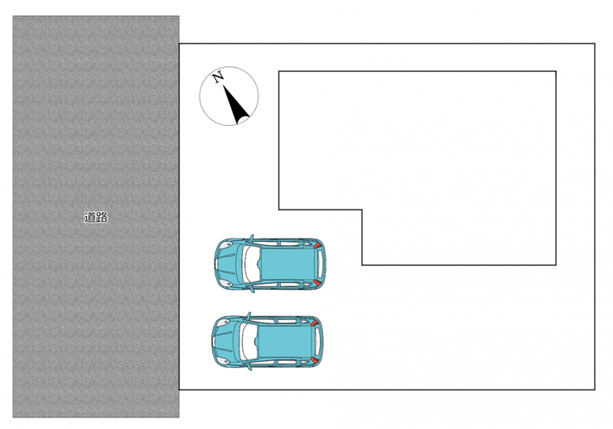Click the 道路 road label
(96, 217)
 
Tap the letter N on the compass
(218, 76)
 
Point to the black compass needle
(236, 104)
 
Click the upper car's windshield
(250, 263)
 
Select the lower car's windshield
(248, 341)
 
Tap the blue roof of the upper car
(287, 263)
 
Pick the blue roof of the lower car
(285, 341)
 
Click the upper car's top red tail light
(318, 245)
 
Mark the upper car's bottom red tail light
(317, 282)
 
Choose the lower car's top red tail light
(315, 323)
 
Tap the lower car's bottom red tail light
(315, 359)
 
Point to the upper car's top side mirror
(251, 238)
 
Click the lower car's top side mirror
(249, 316)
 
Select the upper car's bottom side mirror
(251, 290)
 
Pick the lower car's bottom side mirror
(249, 367)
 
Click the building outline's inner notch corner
(362, 210)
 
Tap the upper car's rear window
(321, 263)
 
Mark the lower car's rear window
(317, 341)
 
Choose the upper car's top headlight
(226, 245)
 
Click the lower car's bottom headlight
(223, 360)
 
